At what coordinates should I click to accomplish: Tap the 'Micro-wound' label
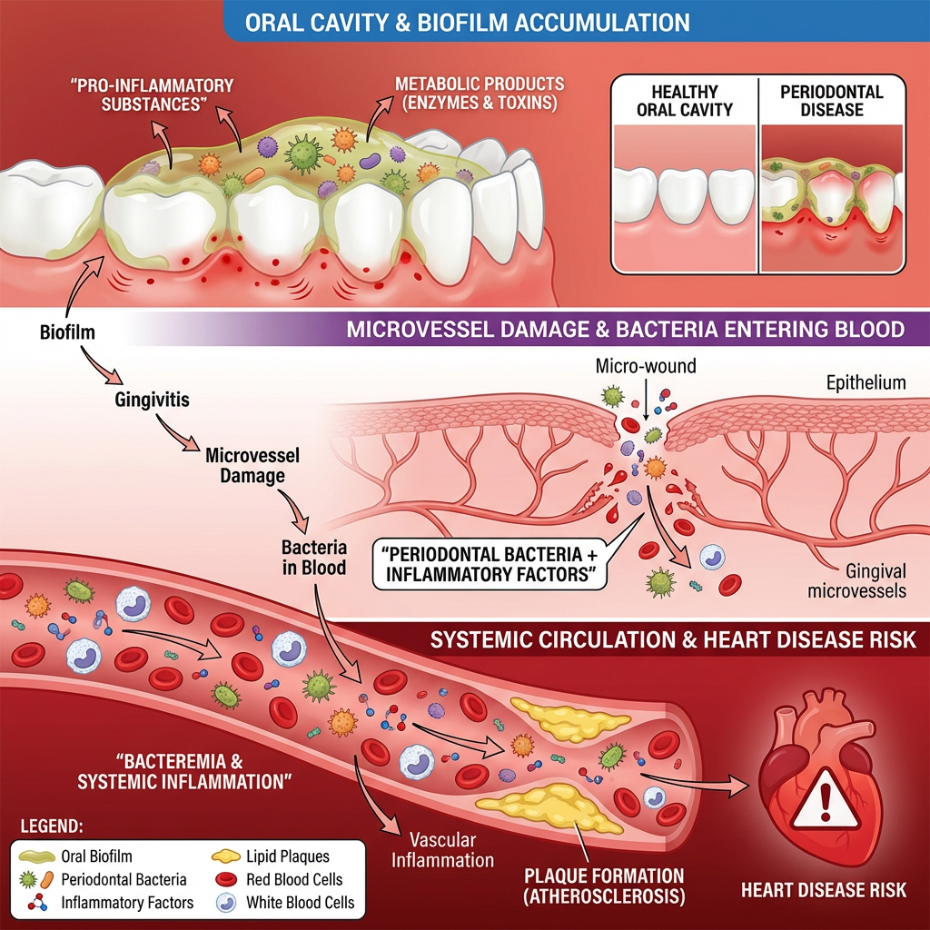tap(645, 366)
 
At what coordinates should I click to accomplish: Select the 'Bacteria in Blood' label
tap(312, 559)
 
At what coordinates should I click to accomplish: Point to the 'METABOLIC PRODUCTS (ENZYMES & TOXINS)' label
tap(479, 94)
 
